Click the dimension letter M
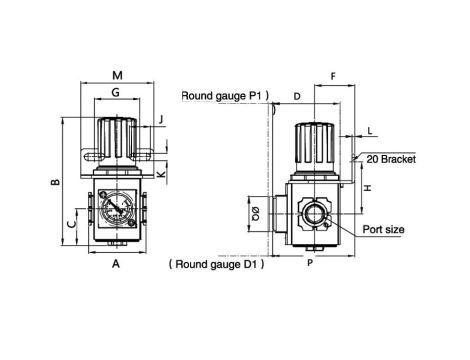click(117, 76)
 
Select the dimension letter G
click(115, 92)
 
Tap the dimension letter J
click(161, 119)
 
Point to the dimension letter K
click(161, 174)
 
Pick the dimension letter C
click(71, 224)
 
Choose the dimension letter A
click(116, 264)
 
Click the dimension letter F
click(333, 77)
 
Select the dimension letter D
click(297, 97)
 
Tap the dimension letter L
click(369, 131)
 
